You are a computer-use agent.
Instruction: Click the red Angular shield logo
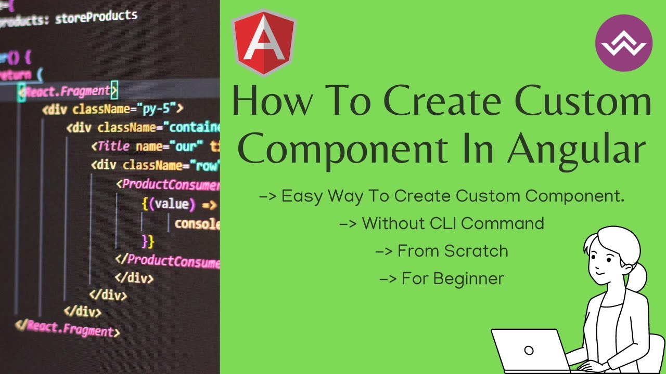pyautogui.click(x=264, y=44)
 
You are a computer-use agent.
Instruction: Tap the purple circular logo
pyautogui.click(x=623, y=43)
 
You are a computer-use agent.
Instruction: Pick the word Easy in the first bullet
pyautogui.click(x=300, y=196)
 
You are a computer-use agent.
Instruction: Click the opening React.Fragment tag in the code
pyautogui.click(x=68, y=91)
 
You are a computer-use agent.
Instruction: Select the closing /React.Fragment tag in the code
pyautogui.click(x=68, y=328)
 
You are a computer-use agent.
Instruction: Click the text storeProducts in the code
pyautogui.click(x=96, y=17)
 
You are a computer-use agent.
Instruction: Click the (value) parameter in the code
pyautogui.click(x=172, y=204)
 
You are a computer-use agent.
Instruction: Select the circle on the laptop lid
pyautogui.click(x=529, y=350)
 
